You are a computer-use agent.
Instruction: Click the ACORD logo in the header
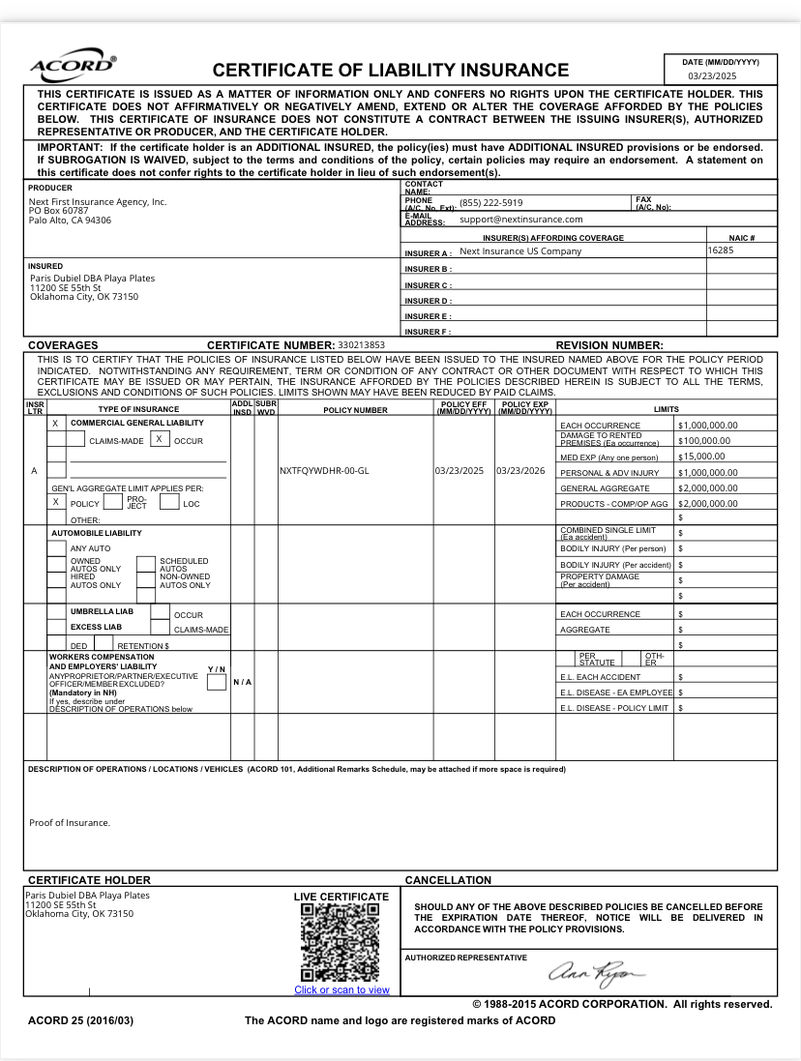point(74,67)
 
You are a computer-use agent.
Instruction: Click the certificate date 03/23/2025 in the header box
point(712,75)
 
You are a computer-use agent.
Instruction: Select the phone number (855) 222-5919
point(490,203)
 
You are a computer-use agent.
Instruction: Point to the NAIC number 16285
point(720,250)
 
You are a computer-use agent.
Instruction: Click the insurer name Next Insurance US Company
point(520,251)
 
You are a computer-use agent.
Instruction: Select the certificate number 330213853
point(362,345)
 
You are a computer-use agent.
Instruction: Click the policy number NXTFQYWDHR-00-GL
point(324,471)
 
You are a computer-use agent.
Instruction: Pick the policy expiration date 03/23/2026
point(520,471)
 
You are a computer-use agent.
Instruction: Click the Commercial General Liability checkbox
point(55,424)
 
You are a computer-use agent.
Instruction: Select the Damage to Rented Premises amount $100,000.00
point(704,440)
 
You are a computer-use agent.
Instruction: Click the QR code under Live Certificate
point(341,943)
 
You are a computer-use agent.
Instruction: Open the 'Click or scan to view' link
point(341,989)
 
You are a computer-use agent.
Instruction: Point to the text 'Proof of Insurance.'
point(70,823)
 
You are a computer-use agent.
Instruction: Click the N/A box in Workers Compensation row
point(242,682)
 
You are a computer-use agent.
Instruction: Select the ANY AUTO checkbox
point(56,548)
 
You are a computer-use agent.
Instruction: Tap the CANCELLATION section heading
point(448,880)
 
